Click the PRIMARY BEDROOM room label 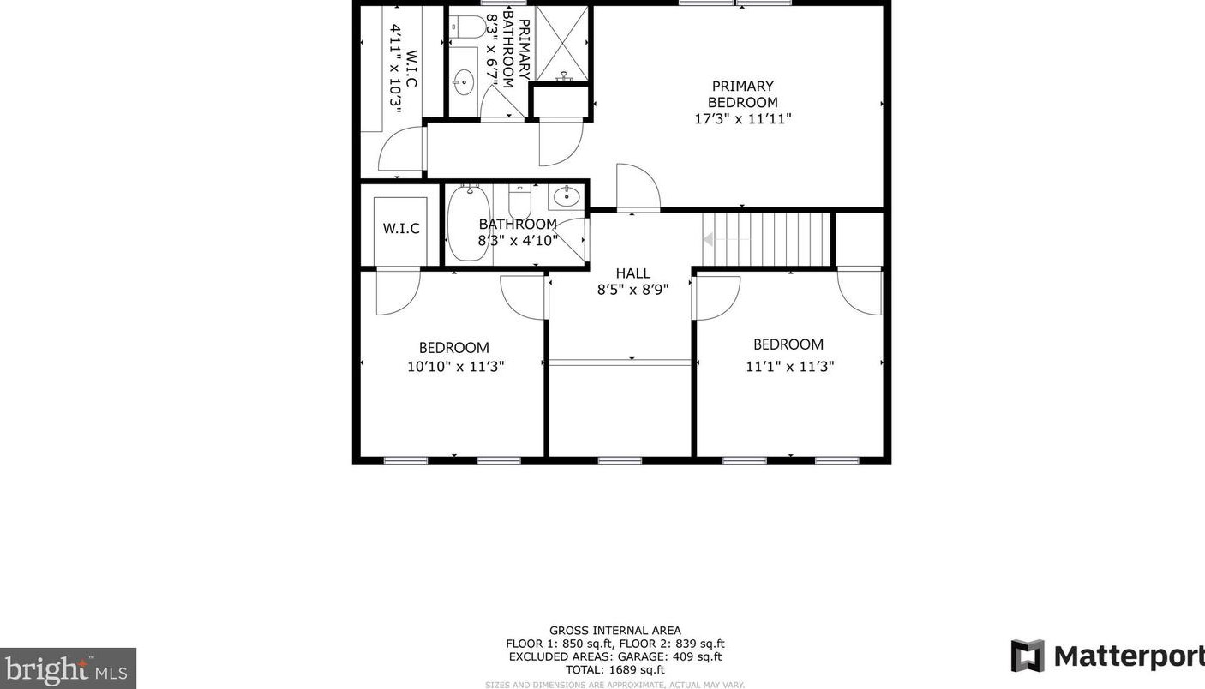(x=742, y=94)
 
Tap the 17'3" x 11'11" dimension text (x=742, y=118)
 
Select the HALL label (x=633, y=273)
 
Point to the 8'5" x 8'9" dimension (x=632, y=290)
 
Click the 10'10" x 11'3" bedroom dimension (x=456, y=367)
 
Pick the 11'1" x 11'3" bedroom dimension (x=789, y=367)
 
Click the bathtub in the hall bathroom (x=469, y=223)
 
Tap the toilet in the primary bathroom (x=467, y=27)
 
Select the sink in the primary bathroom (x=463, y=82)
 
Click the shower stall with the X (x=562, y=43)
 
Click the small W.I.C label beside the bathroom (x=401, y=229)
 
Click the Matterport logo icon (x=1028, y=656)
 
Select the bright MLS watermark (x=67, y=668)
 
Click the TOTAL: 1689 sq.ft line (x=614, y=670)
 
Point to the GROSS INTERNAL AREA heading (x=614, y=631)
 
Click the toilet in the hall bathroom (x=519, y=201)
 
